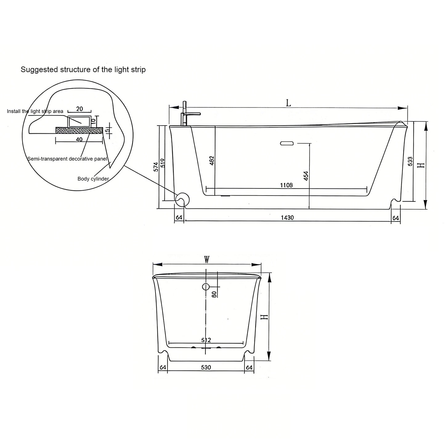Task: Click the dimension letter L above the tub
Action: [288, 103]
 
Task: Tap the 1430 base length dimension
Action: [287, 218]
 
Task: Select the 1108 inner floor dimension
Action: [286, 185]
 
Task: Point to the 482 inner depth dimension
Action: [212, 161]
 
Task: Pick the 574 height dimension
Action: [156, 167]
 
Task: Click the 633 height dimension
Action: [410, 162]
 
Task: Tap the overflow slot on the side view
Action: [287, 143]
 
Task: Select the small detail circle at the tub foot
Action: [182, 200]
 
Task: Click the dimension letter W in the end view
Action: [207, 260]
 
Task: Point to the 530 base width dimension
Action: [206, 367]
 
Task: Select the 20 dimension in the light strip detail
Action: [79, 109]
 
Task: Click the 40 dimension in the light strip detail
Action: [79, 140]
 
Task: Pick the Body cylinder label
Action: [93, 179]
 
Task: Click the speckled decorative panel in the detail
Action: [79, 130]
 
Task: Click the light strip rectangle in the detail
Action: [79, 121]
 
